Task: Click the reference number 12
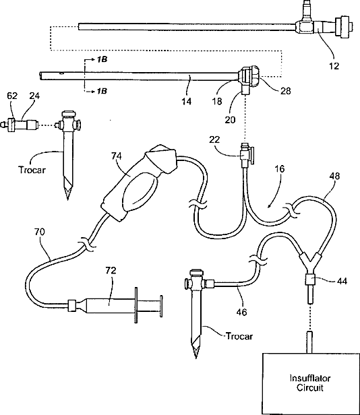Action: [x=334, y=66]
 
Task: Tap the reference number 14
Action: [x=187, y=101]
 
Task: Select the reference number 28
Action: [x=285, y=91]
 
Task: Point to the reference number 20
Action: [x=230, y=120]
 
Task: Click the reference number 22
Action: [x=214, y=139]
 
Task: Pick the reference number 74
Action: [x=116, y=156]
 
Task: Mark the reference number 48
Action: [x=334, y=176]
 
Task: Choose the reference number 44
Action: [x=342, y=281]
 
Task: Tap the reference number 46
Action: [x=241, y=312]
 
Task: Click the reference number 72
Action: [x=111, y=271]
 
